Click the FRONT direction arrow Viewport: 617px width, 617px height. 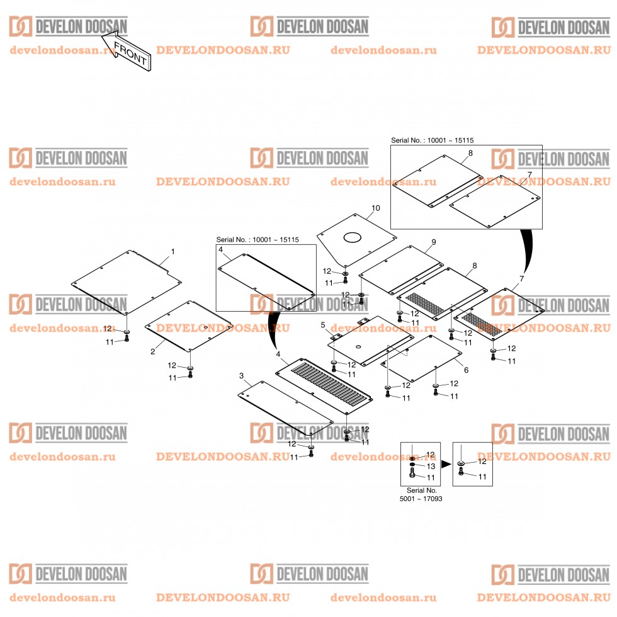pyautogui.click(x=127, y=52)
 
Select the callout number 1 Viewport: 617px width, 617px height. pyautogui.click(x=173, y=251)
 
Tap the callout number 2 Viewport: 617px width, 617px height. pyautogui.click(x=152, y=352)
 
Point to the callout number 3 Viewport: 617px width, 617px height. pyautogui.click(x=241, y=376)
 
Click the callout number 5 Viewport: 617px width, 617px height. pyautogui.click(x=323, y=325)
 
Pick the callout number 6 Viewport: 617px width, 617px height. pyautogui.click(x=467, y=370)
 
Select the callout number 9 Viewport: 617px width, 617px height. pyautogui.click(x=434, y=242)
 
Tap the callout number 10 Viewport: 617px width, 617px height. pyautogui.click(x=376, y=208)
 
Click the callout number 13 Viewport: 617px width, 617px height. pyautogui.click(x=431, y=467)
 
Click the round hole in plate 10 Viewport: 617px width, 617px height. pyautogui.click(x=352, y=237)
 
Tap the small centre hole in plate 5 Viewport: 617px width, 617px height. pyautogui.click(x=358, y=347)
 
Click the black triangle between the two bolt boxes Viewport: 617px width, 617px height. pyautogui.click(x=446, y=465)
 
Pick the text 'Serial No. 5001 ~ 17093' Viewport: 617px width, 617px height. pyautogui.click(x=421, y=495)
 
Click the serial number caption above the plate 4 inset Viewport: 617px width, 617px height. pyautogui.click(x=258, y=240)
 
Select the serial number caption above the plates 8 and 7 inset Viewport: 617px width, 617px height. pyautogui.click(x=432, y=140)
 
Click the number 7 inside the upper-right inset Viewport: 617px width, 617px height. pyautogui.click(x=529, y=175)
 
